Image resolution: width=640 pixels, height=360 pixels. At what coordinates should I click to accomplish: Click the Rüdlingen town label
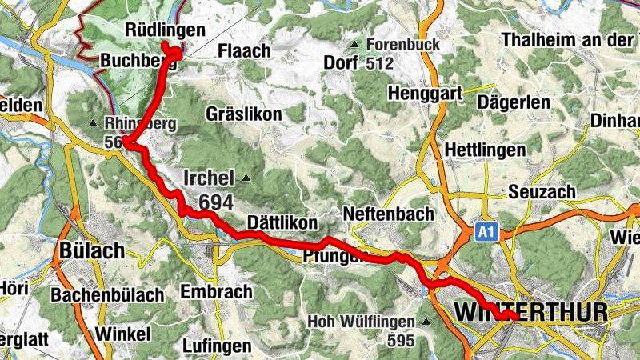coord(166,30)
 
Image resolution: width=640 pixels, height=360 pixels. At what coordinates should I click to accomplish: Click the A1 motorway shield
coord(483,232)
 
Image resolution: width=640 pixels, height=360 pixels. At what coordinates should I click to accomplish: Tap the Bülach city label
coord(91,250)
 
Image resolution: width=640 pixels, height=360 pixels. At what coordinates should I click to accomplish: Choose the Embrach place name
coord(217,292)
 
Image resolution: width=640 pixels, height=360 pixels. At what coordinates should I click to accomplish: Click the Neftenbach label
coord(388,214)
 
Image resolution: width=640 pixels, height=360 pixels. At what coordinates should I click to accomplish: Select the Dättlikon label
coord(282,222)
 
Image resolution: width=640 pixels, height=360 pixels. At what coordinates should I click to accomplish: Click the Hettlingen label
coord(485,150)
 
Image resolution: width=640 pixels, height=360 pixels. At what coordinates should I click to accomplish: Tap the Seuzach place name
coord(542,193)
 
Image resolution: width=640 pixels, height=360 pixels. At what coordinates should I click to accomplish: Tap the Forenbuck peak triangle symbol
coord(354,43)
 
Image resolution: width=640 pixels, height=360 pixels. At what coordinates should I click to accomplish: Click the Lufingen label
coord(217,346)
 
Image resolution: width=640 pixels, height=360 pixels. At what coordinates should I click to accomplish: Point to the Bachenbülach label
coord(107,294)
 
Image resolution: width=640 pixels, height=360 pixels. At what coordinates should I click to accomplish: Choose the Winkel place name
coord(122,333)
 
